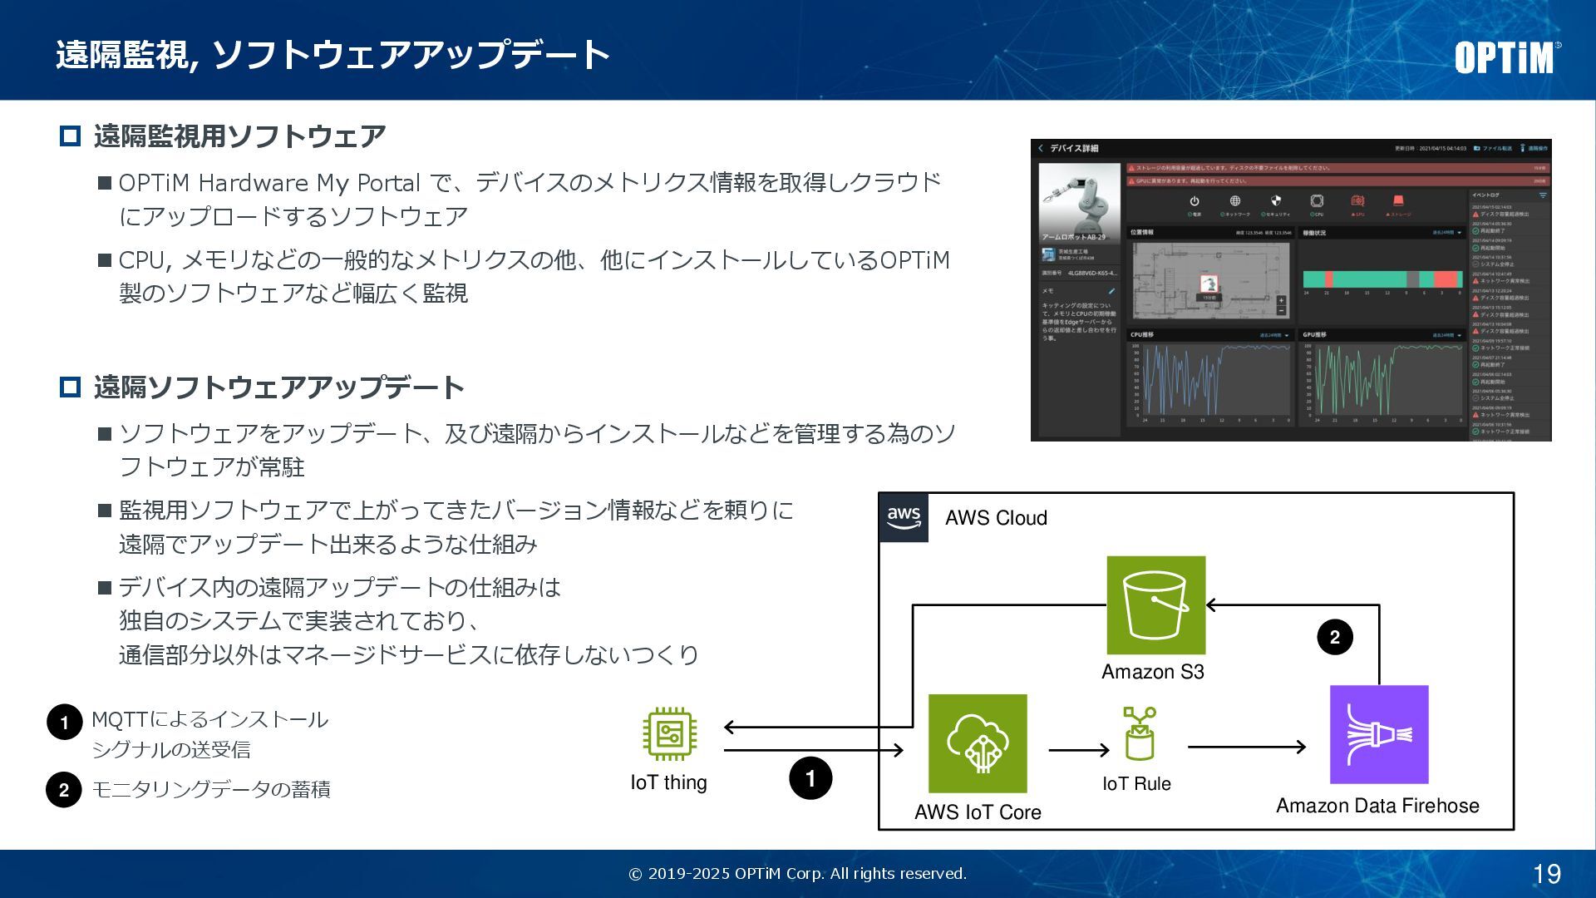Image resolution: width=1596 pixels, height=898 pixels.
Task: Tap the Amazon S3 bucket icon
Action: point(1155,605)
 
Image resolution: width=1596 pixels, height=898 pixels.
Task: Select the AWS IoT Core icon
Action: point(978,743)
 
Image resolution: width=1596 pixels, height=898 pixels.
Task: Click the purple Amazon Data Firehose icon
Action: point(1379,734)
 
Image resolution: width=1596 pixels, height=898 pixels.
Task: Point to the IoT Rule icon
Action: point(1139,733)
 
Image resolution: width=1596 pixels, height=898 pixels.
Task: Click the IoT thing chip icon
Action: point(669,733)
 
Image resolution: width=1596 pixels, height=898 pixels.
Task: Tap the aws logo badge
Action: point(904,517)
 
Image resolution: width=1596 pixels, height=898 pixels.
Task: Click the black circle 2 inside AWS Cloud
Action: point(1335,637)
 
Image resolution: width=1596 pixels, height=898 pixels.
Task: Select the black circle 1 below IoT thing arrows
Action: point(810,778)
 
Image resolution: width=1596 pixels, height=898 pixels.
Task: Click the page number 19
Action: point(1547,874)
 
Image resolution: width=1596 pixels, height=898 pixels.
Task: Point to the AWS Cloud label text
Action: point(996,518)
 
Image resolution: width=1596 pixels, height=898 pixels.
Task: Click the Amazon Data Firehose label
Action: point(1377,806)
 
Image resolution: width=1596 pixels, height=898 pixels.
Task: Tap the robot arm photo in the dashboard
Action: point(1079,200)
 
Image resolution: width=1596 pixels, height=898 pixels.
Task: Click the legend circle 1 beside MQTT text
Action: point(65,722)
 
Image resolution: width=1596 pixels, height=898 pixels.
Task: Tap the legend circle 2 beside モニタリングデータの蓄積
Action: point(64,790)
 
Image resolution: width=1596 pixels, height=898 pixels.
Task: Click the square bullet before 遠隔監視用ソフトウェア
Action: point(71,136)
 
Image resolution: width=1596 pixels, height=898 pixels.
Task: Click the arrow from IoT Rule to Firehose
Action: point(1246,747)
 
